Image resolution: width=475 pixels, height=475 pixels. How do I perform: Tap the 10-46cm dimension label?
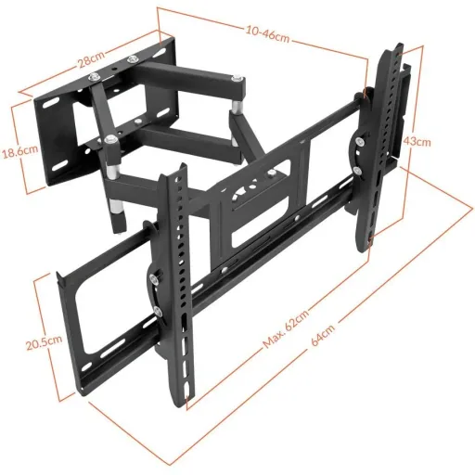point(268,34)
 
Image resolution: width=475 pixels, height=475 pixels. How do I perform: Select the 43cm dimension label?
point(417,141)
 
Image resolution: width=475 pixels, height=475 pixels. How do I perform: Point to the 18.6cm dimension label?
point(20,151)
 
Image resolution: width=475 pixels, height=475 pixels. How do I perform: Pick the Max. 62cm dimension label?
point(286,329)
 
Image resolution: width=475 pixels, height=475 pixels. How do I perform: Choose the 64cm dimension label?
point(323,336)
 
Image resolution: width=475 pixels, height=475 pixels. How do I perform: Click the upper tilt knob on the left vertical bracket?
point(154,278)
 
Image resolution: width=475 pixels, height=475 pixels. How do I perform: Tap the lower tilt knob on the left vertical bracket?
point(158,312)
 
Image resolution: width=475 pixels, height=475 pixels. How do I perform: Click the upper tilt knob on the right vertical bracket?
point(359,142)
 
